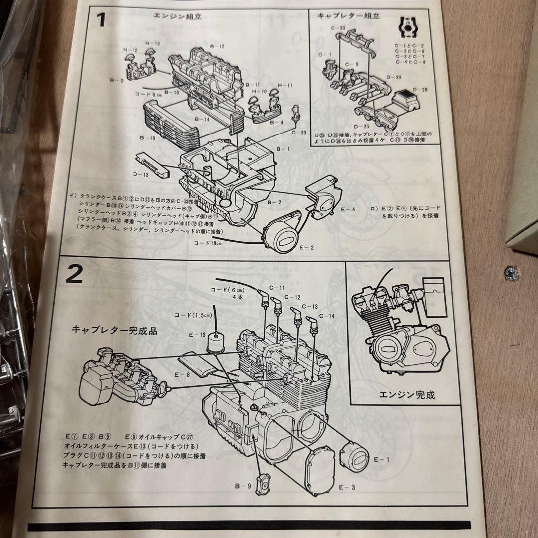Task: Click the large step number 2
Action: click(x=74, y=274)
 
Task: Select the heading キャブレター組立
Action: click(x=348, y=15)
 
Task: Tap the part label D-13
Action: click(x=141, y=175)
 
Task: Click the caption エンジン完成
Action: click(x=407, y=395)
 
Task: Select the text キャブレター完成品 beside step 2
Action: click(x=115, y=330)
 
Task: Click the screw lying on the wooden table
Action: click(x=511, y=273)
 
